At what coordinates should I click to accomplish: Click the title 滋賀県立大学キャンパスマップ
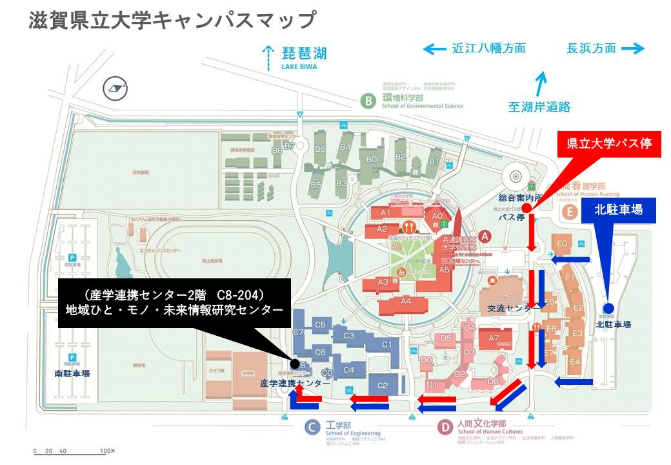pyautogui.click(x=172, y=20)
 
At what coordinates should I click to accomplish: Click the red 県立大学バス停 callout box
pyautogui.click(x=609, y=144)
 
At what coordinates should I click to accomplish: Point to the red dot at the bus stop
pyautogui.click(x=526, y=208)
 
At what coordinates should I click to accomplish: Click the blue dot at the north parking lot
pyautogui.click(x=606, y=308)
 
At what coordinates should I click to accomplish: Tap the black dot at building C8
pyautogui.click(x=295, y=363)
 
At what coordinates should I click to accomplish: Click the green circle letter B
pyautogui.click(x=368, y=101)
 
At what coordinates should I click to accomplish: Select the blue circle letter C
pyautogui.click(x=312, y=427)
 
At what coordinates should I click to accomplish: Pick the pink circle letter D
pyautogui.click(x=444, y=427)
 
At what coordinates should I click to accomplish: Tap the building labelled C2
pyautogui.click(x=383, y=386)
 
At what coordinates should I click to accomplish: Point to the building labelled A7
pyautogui.click(x=494, y=338)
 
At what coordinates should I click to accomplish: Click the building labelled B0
pyautogui.click(x=371, y=159)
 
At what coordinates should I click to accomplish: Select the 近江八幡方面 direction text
pyautogui.click(x=488, y=48)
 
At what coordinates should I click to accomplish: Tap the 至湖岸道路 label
pyautogui.click(x=539, y=107)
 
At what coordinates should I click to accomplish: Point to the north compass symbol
pyautogui.click(x=116, y=87)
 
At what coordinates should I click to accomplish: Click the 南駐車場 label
pyautogui.click(x=72, y=373)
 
